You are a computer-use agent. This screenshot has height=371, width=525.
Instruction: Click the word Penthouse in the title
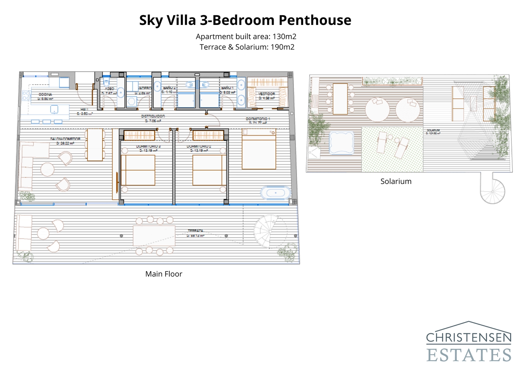pyautogui.click(x=315, y=20)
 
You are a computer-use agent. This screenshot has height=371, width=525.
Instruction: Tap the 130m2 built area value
pyautogui.click(x=284, y=36)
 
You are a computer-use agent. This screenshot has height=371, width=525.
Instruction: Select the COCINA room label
pyautogui.click(x=45, y=94)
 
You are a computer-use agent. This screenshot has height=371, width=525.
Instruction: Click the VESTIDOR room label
pyautogui.click(x=266, y=94)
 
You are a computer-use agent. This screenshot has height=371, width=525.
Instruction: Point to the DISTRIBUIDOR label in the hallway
pyautogui.click(x=153, y=116)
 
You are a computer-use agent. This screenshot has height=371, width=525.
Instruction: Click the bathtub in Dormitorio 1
pyautogui.click(x=276, y=193)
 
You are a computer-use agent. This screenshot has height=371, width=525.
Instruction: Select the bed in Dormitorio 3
pyautogui.click(x=138, y=170)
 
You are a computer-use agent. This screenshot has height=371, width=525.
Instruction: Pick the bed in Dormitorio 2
pyautogui.click(x=209, y=170)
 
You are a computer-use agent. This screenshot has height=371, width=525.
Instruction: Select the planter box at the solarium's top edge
pyautogui.click(x=392, y=81)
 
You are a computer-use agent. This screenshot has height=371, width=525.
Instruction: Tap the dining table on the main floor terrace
pyautogui.click(x=154, y=235)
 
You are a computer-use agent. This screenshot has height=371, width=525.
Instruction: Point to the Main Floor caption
pyautogui.click(x=163, y=274)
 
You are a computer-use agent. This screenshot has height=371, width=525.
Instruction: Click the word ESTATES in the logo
pyautogui.click(x=469, y=355)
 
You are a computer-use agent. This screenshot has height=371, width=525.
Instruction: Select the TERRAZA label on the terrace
pyautogui.click(x=195, y=231)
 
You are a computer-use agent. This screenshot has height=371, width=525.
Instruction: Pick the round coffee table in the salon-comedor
pyautogui.click(x=47, y=170)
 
